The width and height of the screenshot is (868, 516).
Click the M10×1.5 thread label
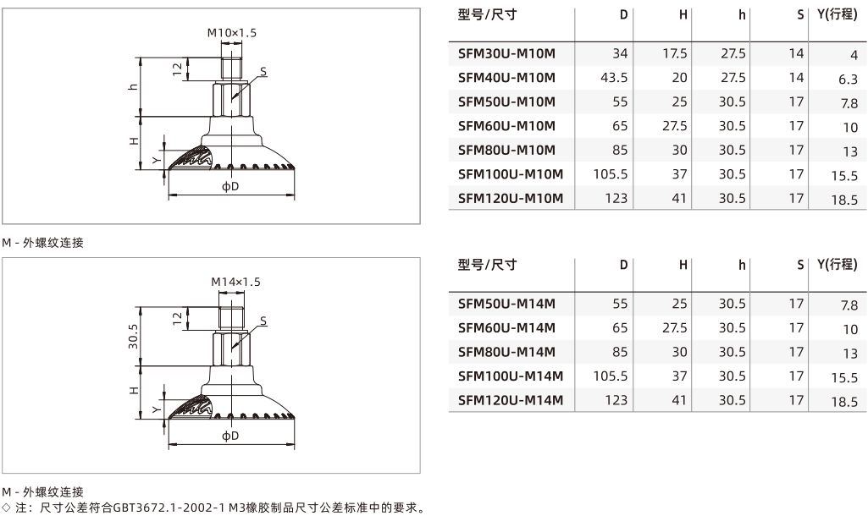[232, 33]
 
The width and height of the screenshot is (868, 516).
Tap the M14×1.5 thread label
[235, 282]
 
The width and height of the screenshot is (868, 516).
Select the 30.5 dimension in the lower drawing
[134, 337]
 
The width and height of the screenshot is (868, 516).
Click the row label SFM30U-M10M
[506, 53]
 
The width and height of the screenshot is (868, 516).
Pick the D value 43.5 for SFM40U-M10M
[614, 78]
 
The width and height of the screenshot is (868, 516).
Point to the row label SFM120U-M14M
[511, 400]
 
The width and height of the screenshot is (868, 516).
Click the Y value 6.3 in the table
[848, 80]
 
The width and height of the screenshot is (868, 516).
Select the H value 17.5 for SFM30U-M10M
[674, 53]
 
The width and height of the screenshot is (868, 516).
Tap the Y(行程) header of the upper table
[837, 15]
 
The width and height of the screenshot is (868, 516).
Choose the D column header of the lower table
[623, 265]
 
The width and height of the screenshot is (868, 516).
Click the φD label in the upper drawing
[230, 186]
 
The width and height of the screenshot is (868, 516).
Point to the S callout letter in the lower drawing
[263, 321]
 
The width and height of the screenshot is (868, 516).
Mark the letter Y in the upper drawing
[157, 161]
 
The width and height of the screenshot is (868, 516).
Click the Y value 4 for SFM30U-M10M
[854, 55]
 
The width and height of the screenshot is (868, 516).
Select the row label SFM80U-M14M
[506, 352]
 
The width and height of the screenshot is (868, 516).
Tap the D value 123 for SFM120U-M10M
[616, 199]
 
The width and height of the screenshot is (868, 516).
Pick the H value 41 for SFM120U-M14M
[678, 400]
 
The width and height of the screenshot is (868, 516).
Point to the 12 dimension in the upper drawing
[177, 69]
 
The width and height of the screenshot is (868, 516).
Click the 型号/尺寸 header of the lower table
[487, 265]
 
